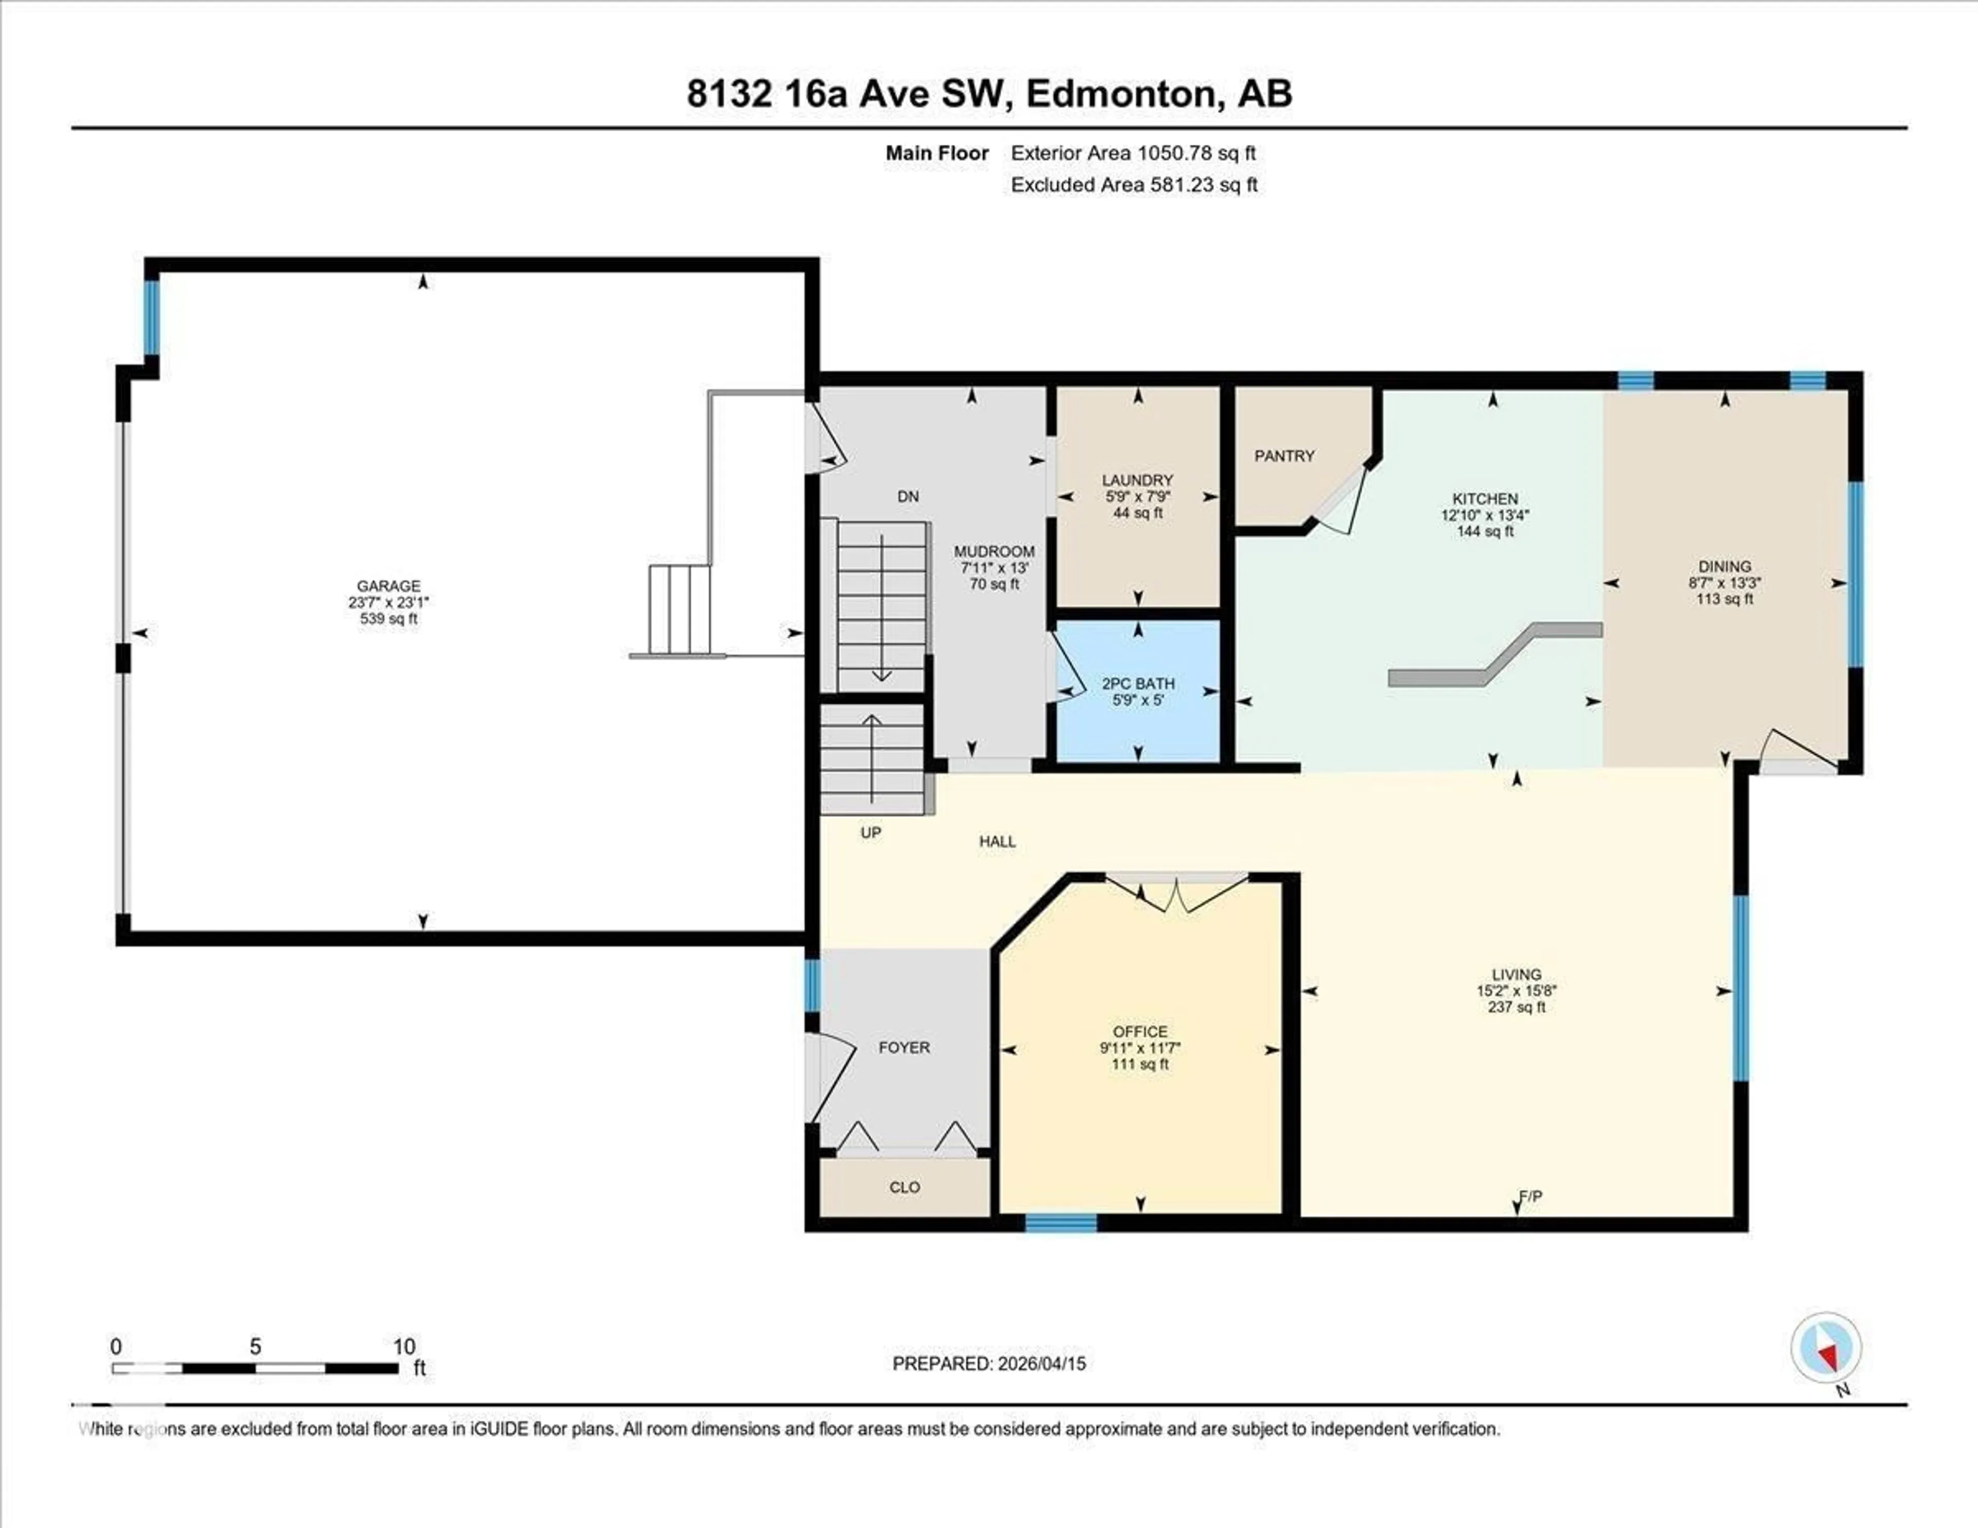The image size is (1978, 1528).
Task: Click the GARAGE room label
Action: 388,586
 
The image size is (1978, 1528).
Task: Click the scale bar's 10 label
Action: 404,1346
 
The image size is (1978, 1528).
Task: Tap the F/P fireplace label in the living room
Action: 1530,1197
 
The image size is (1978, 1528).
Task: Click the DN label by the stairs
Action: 908,496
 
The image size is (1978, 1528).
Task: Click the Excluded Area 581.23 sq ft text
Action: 1134,185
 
